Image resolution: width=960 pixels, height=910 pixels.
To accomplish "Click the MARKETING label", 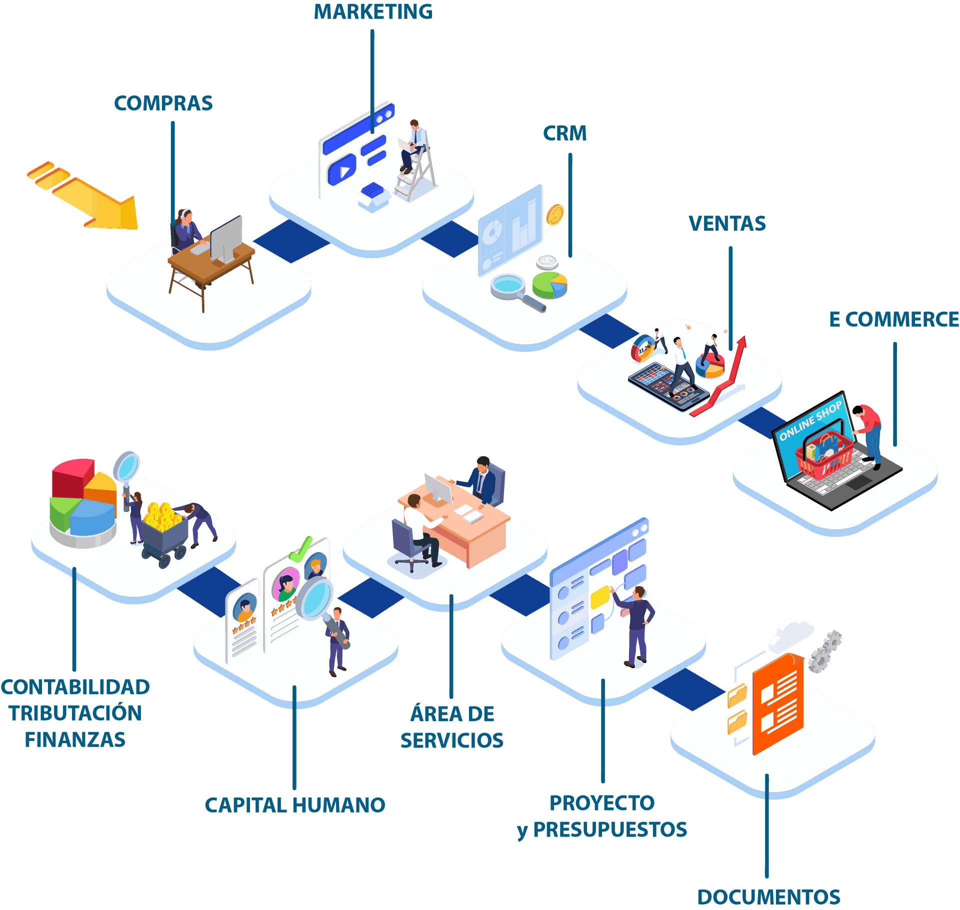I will [373, 12].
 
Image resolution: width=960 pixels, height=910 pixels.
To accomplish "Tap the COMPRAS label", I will [163, 103].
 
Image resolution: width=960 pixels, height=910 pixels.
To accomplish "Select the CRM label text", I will [565, 133].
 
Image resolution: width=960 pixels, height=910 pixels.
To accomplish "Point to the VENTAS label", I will [727, 223].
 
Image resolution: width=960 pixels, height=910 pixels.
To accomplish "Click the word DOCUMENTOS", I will [769, 897].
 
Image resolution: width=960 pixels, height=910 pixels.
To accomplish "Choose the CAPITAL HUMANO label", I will [295, 805].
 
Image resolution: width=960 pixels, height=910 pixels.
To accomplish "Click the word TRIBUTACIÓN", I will [75, 713].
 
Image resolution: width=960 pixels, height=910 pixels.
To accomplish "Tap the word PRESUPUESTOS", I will [609, 830].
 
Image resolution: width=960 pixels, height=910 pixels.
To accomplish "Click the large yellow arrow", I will [85, 197].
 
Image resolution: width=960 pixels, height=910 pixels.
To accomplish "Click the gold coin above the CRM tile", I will [555, 215].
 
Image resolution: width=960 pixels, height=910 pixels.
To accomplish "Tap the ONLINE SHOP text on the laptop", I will [810, 421].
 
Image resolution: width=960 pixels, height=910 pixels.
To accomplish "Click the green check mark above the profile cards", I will [301, 549].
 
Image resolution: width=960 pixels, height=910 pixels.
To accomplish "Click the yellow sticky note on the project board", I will [599, 597].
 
